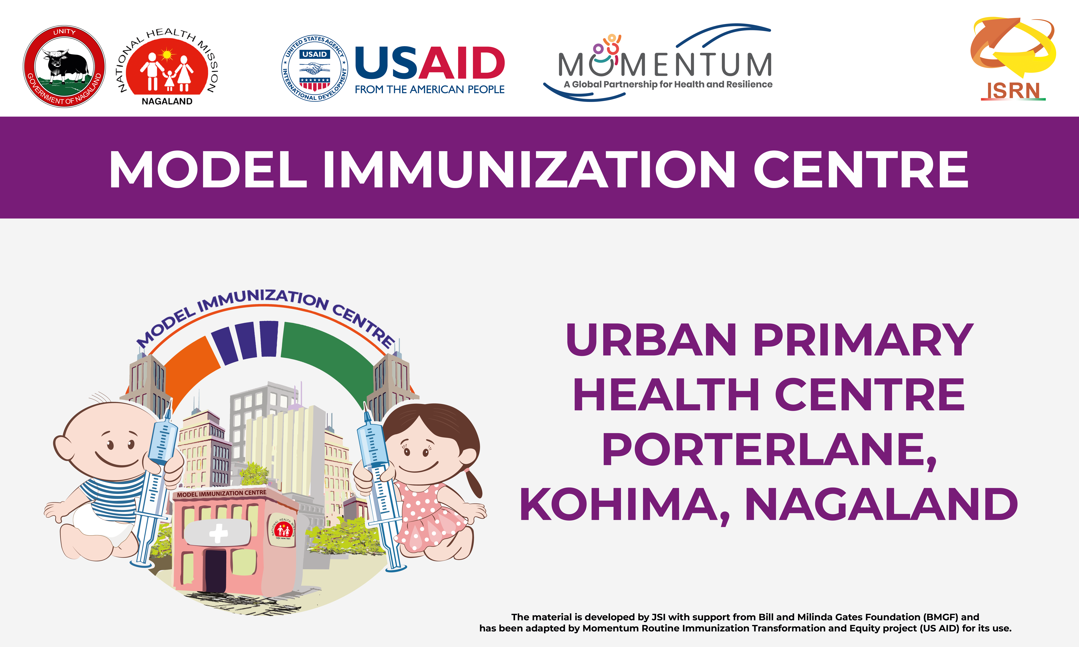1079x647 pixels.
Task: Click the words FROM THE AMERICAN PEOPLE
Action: click(x=430, y=89)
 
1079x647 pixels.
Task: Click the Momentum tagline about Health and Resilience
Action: click(x=668, y=84)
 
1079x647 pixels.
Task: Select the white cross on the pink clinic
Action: click(x=218, y=533)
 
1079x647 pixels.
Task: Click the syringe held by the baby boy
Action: click(x=155, y=484)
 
